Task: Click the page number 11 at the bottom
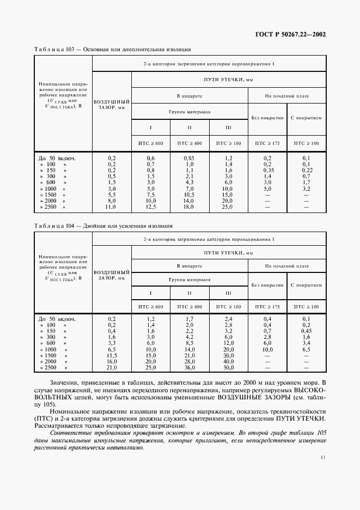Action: pyautogui.click(x=323, y=458)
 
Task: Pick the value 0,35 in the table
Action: pyautogui.click(x=267, y=170)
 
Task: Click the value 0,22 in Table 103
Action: pyautogui.click(x=306, y=170)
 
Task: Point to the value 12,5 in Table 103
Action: pyautogui.click(x=150, y=207)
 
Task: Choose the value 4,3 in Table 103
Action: pyautogui.click(x=190, y=183)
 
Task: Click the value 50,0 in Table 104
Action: pyautogui.click(x=228, y=367)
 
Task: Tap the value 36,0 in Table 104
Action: pyautogui.click(x=190, y=367)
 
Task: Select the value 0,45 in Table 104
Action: pyautogui.click(x=306, y=331)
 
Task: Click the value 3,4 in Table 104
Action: pyautogui.click(x=306, y=343)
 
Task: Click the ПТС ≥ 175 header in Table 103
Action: pyautogui.click(x=267, y=143)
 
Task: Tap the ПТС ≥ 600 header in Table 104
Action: pyautogui.click(x=150, y=307)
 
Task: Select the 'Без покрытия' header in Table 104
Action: pyautogui.click(x=267, y=285)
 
